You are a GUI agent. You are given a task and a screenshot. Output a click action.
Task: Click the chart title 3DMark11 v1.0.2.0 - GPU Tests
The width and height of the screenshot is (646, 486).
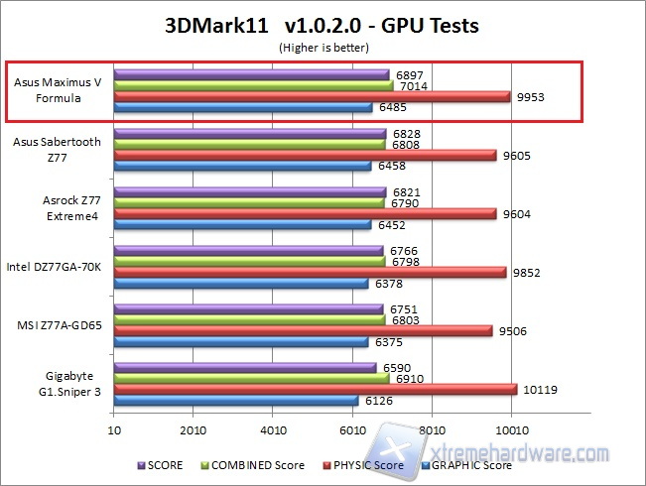[x=323, y=26]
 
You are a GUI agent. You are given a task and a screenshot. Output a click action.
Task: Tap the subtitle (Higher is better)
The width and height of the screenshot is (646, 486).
[x=323, y=47]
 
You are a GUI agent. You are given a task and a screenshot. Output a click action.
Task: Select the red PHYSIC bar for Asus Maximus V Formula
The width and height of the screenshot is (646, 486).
[x=312, y=96]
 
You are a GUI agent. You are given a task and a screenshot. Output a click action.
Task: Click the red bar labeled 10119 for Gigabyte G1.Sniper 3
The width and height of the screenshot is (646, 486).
[x=315, y=389]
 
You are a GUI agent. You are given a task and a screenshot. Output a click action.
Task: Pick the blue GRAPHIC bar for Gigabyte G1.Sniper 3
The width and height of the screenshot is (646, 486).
[x=236, y=401]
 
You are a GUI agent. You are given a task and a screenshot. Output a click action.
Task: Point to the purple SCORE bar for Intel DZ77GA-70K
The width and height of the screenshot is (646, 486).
[x=248, y=250]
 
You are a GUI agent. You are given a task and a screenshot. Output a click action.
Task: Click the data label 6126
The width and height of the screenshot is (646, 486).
[x=375, y=401]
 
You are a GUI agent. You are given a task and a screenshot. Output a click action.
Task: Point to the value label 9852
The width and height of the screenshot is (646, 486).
[x=525, y=272]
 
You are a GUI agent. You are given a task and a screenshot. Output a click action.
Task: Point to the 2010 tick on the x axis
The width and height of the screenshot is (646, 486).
[x=194, y=431]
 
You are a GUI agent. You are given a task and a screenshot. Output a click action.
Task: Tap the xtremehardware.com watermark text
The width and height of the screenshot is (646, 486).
[x=526, y=454]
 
